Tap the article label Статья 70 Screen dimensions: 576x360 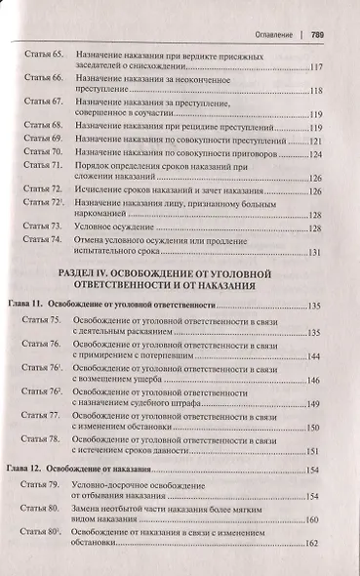coord(44,154)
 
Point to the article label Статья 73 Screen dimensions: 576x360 coord(44,227)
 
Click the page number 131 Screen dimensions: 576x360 coord(315,254)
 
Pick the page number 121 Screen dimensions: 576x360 coord(315,141)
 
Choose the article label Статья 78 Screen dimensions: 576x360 coord(44,440)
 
